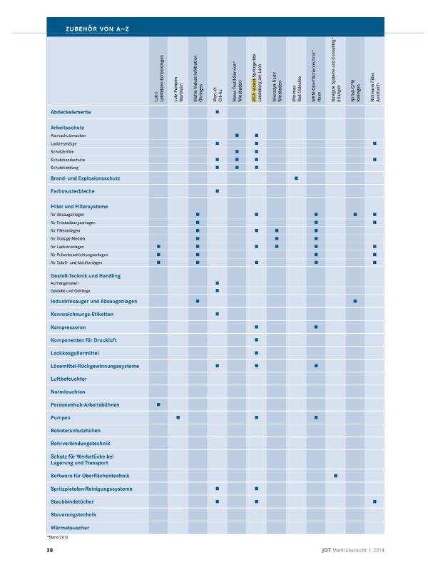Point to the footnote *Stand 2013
(56, 536)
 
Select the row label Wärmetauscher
(70, 527)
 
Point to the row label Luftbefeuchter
(69, 379)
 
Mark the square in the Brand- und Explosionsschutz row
(296, 177)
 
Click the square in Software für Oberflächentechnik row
(335, 475)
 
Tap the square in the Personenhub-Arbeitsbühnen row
(158, 404)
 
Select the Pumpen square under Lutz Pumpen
(178, 417)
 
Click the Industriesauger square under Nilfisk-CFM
(355, 301)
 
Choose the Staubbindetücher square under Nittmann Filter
(374, 501)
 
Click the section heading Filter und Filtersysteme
(79, 206)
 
